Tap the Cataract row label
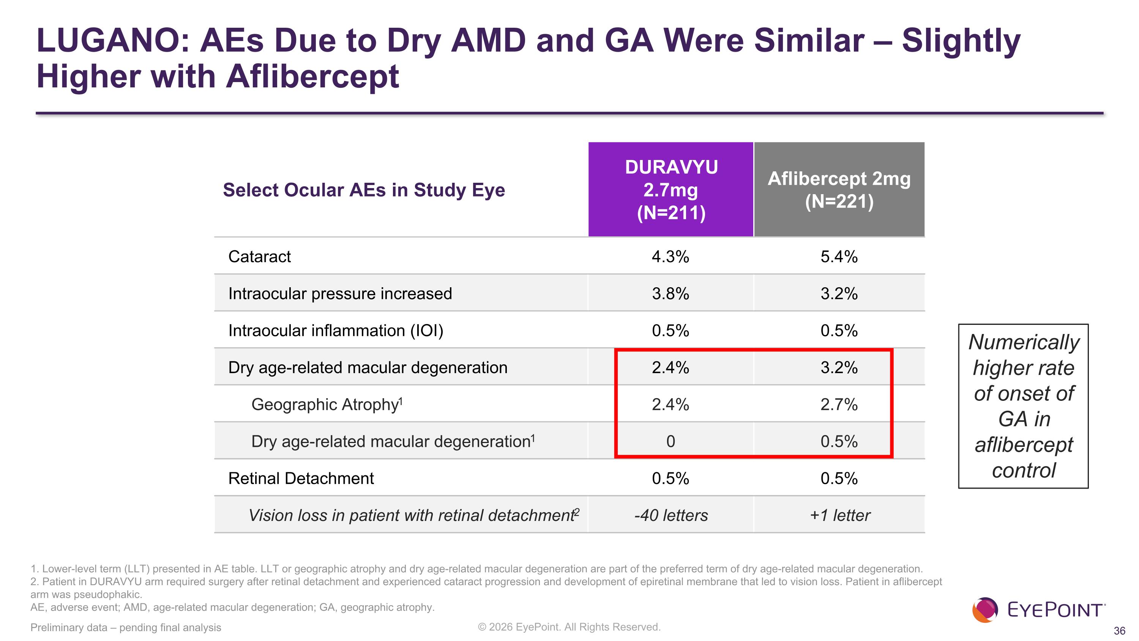(x=260, y=256)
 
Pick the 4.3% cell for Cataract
(x=670, y=256)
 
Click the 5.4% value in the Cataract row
(x=839, y=256)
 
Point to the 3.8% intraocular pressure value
(x=670, y=294)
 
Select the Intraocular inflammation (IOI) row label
(x=336, y=331)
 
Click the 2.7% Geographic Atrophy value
(x=839, y=404)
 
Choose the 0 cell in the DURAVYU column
(x=670, y=442)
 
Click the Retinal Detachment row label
(x=301, y=478)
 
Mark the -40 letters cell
(x=671, y=515)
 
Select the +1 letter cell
(x=840, y=515)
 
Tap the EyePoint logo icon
(x=985, y=610)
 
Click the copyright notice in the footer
(x=569, y=627)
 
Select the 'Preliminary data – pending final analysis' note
(x=126, y=627)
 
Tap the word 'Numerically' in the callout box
(x=1024, y=342)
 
